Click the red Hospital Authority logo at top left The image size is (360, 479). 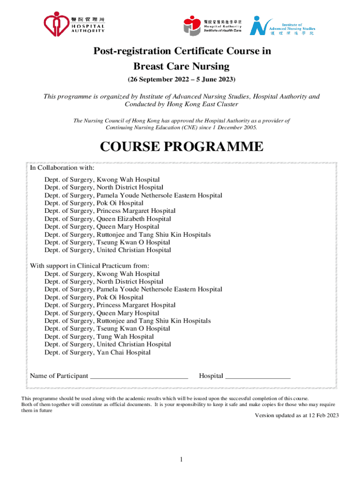pos(74,24)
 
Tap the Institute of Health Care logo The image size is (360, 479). pos(213,25)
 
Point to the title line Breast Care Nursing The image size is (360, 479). pos(181,66)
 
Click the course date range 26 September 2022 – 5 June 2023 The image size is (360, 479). pos(181,79)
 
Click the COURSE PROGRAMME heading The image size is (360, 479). pos(182,147)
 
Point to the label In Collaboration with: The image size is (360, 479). pos(62,167)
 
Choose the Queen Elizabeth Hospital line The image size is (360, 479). pos(108,219)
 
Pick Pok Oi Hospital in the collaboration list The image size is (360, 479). pos(94,203)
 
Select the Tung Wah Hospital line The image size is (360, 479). pos(99,336)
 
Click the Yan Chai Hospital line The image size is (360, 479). pos(98,352)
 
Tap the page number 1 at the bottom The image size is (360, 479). pos(181,459)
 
